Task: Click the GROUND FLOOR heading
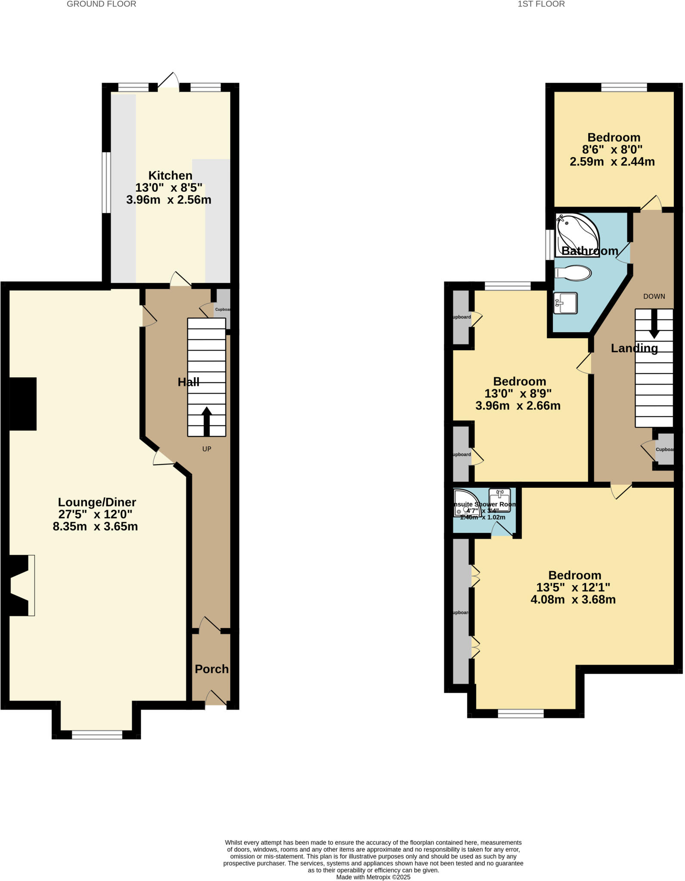(x=102, y=4)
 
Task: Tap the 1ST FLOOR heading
(x=541, y=4)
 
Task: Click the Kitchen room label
(x=170, y=176)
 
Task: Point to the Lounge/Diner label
(x=97, y=502)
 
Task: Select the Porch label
(x=211, y=669)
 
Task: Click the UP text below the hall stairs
(x=207, y=449)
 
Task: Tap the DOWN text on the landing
(x=654, y=296)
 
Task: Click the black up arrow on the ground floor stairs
(x=207, y=420)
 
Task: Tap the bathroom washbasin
(x=565, y=303)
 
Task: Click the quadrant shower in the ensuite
(x=464, y=502)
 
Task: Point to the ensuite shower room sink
(x=500, y=500)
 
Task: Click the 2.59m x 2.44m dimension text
(x=612, y=162)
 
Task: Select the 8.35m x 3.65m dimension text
(x=95, y=527)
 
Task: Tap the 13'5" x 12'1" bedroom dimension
(x=573, y=588)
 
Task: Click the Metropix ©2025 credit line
(x=373, y=877)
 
